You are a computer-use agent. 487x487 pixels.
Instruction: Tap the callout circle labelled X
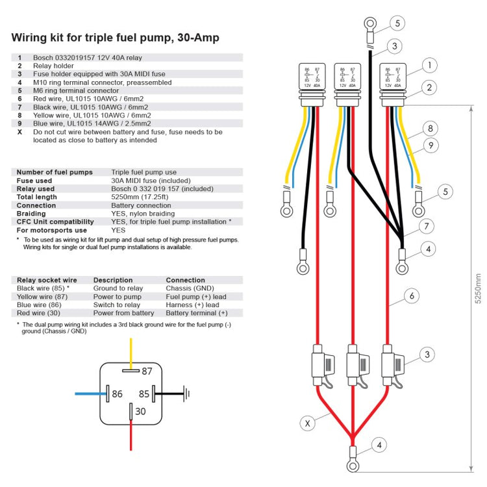(308, 423)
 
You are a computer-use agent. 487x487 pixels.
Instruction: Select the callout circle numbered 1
(429, 65)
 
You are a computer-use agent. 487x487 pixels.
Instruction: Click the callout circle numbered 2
(429, 87)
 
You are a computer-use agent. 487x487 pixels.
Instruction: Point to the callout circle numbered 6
(410, 295)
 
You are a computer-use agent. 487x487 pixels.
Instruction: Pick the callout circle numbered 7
(427, 227)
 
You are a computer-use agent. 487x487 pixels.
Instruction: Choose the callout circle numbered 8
(429, 129)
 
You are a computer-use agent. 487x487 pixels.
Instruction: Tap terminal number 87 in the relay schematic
(146, 371)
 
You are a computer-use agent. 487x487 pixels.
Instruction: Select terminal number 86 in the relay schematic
(118, 393)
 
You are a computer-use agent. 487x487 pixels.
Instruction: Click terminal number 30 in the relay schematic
(141, 411)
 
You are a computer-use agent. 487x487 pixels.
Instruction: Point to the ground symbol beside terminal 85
(186, 393)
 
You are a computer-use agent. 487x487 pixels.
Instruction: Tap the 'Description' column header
(113, 281)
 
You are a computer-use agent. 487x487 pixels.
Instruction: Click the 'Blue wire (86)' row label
(39, 305)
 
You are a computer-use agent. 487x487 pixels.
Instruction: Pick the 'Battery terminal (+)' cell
(197, 313)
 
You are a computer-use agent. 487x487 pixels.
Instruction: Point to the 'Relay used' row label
(36, 188)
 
